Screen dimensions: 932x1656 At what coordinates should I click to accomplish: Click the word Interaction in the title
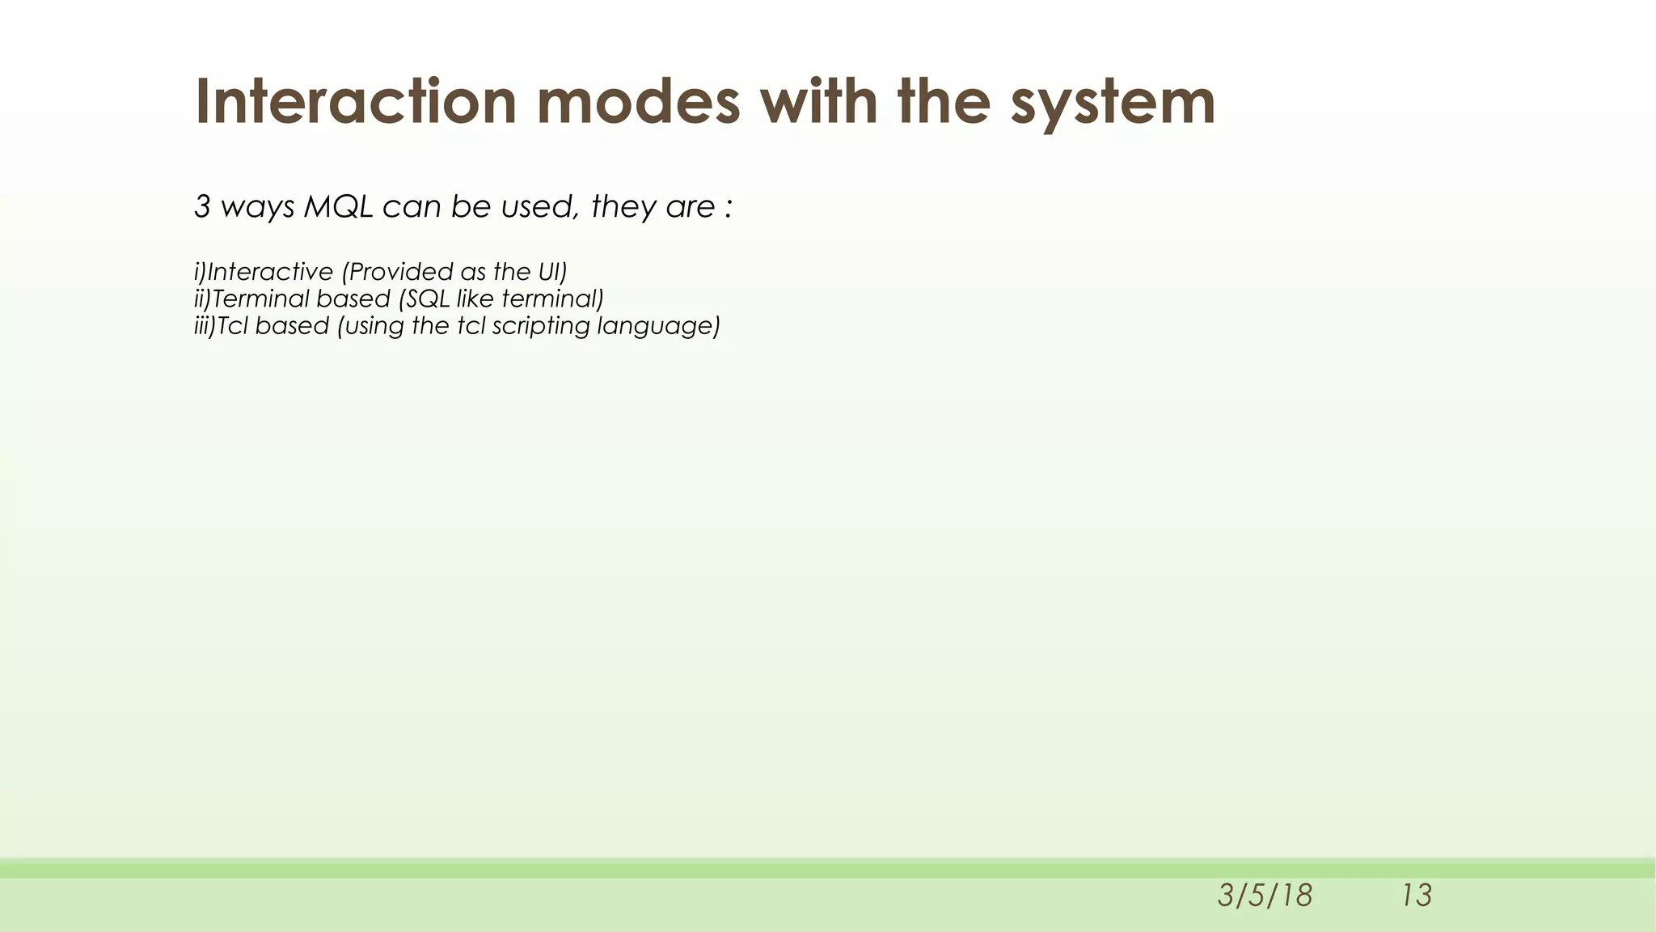[x=356, y=102]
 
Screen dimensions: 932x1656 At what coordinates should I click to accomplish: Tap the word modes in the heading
[x=638, y=102]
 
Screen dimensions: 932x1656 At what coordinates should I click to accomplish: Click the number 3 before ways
[x=202, y=207]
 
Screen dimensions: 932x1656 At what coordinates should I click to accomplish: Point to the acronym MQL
[x=338, y=207]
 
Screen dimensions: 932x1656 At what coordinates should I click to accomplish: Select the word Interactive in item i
[x=270, y=272]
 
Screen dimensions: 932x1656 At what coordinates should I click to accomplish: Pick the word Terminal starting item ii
[x=260, y=299]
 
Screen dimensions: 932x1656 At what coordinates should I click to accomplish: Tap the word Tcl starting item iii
[x=233, y=326]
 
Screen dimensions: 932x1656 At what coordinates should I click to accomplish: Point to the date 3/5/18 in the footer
[x=1265, y=896]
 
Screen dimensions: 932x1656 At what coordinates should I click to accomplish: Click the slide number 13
[x=1417, y=896]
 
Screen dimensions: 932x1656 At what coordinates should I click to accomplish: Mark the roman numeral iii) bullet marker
[x=205, y=326]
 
